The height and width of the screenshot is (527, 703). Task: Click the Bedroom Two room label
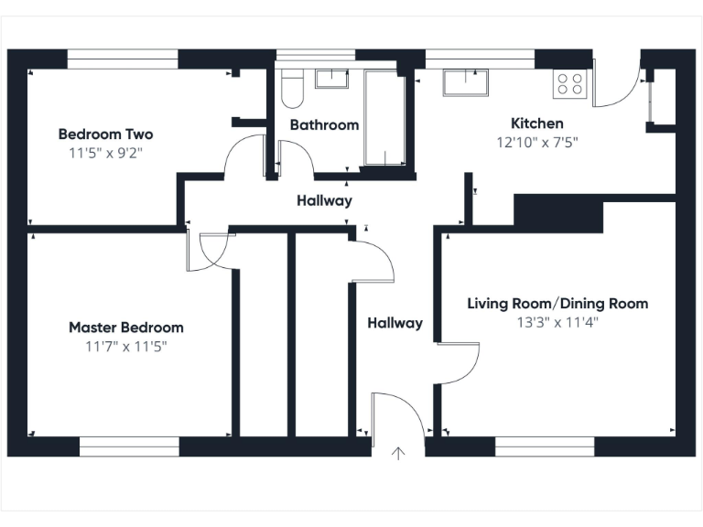105,134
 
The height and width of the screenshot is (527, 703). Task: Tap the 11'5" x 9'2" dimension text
105,153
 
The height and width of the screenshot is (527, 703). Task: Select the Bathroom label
324,124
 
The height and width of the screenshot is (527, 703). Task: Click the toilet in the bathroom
292,89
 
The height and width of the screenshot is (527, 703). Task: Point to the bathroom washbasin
331,78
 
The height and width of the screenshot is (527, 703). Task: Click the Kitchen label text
536,124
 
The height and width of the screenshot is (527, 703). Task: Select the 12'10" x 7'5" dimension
537,143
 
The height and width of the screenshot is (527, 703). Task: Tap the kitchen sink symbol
467,82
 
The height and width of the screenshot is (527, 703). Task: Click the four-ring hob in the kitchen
569,84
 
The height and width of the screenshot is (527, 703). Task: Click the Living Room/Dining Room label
557,304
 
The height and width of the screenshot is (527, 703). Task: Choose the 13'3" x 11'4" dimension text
557,322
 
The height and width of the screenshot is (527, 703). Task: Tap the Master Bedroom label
126,328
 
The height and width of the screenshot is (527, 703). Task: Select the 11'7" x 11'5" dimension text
126,346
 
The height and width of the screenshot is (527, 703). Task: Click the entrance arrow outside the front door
398,453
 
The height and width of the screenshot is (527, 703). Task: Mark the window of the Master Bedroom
129,446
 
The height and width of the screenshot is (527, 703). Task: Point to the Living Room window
545,446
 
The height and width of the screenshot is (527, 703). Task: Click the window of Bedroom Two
123,59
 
